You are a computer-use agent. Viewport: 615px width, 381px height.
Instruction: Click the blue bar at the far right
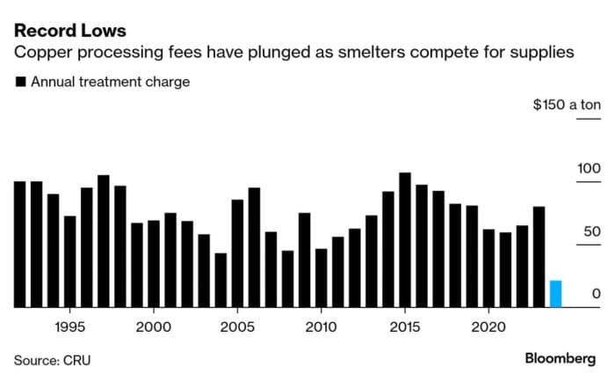[555, 294]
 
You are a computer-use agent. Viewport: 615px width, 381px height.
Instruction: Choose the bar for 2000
[154, 264]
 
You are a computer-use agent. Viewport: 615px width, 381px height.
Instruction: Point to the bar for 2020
[488, 268]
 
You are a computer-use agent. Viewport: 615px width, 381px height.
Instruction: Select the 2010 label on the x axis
[321, 325]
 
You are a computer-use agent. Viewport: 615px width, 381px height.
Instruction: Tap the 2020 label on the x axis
[488, 325]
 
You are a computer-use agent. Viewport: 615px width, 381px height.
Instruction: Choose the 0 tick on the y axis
[596, 293]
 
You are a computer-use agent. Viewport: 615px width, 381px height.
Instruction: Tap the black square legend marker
[18, 83]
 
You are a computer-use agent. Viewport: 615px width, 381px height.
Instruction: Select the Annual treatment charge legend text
[110, 83]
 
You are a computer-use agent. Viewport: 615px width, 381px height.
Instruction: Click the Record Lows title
[69, 31]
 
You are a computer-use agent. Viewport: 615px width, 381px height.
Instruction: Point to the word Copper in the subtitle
[41, 54]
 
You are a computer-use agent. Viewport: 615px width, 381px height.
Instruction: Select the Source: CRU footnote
[52, 359]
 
